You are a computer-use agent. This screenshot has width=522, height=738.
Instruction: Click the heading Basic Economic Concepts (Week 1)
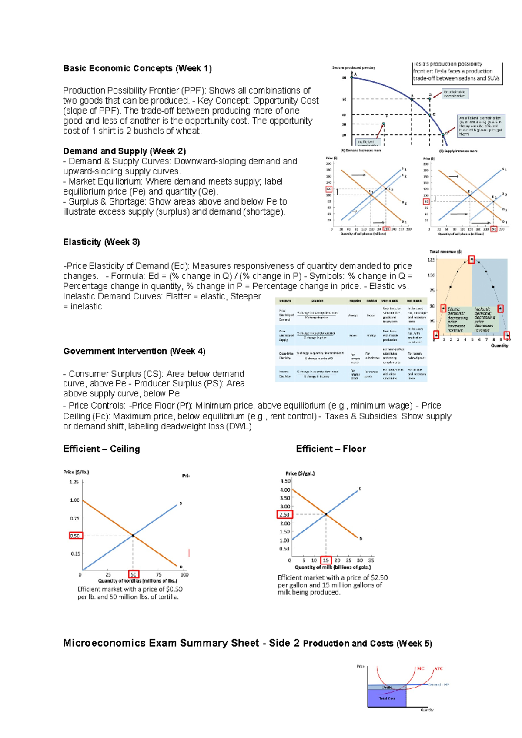point(137,68)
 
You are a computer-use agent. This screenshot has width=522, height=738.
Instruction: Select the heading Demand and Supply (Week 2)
point(124,151)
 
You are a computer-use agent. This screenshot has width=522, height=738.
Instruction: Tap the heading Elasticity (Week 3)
point(101,242)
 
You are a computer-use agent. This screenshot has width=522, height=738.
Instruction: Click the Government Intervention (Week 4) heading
point(134,351)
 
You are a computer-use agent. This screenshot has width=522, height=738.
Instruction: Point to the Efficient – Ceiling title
point(101,449)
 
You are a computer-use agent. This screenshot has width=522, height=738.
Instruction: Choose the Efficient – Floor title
point(331,449)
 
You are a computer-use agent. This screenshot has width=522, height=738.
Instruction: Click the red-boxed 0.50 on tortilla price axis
point(76,536)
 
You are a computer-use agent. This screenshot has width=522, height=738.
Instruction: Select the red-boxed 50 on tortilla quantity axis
point(134,574)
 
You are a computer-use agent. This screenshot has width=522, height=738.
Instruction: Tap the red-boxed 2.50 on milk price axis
point(284,514)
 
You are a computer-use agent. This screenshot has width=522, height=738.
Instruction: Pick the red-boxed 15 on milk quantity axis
point(326,560)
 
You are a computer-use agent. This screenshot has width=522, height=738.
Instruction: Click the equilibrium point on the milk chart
point(326,514)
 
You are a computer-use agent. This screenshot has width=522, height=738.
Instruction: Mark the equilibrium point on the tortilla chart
point(133,535)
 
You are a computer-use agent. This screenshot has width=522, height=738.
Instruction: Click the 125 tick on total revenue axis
point(431,260)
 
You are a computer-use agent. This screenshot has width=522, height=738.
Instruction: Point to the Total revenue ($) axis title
point(445,252)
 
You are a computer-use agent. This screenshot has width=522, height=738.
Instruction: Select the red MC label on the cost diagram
point(421,668)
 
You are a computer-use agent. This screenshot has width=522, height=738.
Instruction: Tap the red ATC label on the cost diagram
point(438,668)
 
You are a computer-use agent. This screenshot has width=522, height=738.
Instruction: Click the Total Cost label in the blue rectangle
point(387,698)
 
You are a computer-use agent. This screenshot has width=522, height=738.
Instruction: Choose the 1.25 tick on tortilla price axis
point(74,482)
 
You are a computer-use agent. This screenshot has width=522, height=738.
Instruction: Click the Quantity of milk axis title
point(333,567)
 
